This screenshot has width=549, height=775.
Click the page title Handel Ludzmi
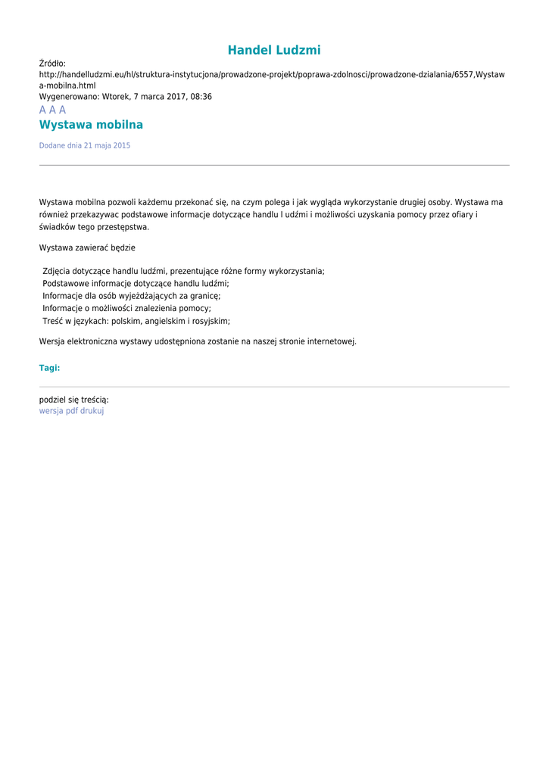coord(274,51)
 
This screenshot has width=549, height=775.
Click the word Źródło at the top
coord(52,64)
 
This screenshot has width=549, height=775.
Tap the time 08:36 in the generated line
coord(201,97)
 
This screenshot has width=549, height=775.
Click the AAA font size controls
coord(52,110)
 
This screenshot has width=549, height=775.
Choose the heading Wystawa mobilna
coord(91,125)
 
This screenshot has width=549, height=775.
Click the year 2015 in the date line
coord(121,145)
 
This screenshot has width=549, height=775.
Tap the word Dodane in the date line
coord(52,145)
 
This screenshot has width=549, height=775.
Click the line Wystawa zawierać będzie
coord(87,247)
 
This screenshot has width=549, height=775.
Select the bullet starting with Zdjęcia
coord(183,271)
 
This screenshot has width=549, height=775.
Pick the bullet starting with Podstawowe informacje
coord(136,283)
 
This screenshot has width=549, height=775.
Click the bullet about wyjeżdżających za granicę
coord(131,296)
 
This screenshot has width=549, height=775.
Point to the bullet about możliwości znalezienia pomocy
coord(126,308)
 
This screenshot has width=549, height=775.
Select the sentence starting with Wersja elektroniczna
coord(198,341)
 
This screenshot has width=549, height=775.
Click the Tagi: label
coord(49,368)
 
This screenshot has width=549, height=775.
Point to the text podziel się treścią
coord(73,400)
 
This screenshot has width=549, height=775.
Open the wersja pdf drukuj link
coord(71,411)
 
